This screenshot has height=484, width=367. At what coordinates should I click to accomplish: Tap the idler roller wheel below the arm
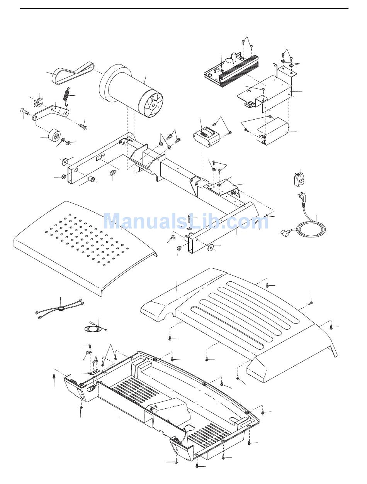(54, 136)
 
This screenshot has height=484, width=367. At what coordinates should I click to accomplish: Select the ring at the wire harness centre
(60, 308)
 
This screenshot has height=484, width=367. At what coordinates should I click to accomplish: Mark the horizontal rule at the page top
(184, 8)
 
